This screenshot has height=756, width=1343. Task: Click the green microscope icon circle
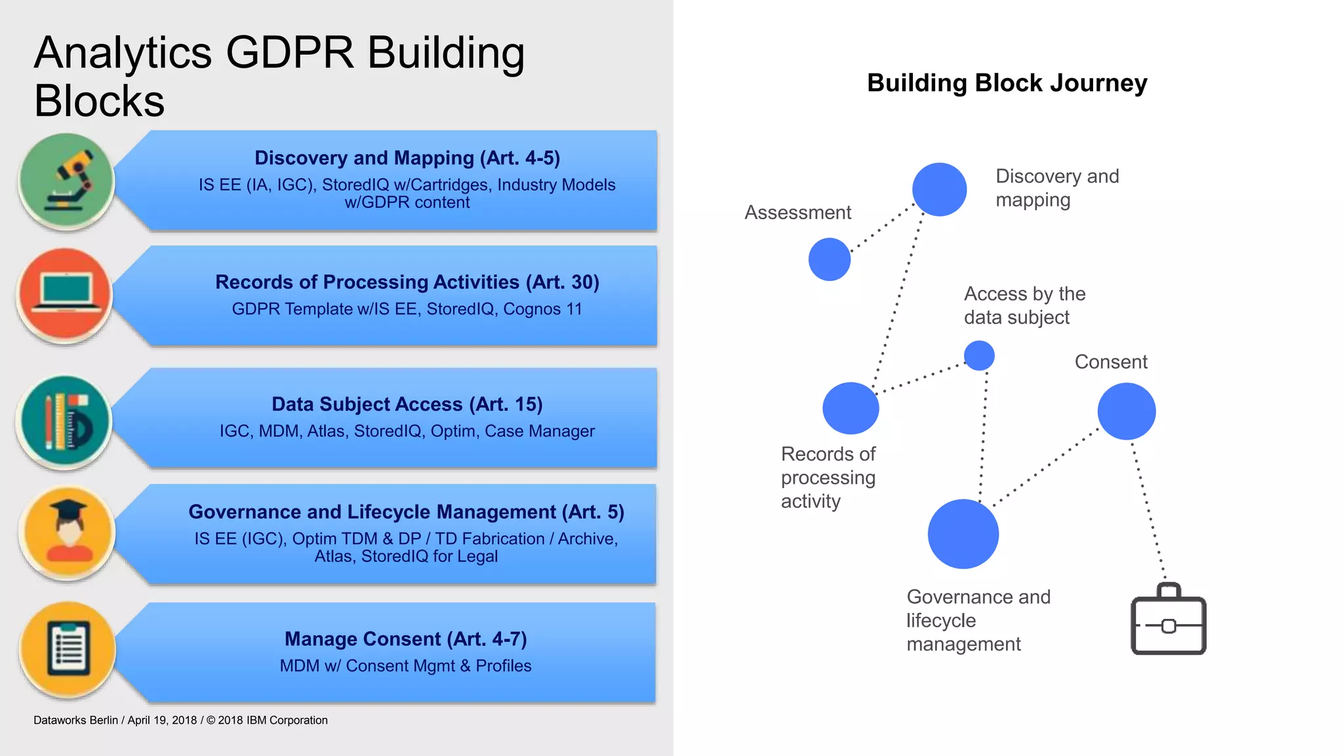[x=66, y=180]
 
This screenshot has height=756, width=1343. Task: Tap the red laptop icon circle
[x=65, y=296]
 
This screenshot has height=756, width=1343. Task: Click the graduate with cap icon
[x=68, y=533]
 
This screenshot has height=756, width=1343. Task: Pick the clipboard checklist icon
[x=68, y=649]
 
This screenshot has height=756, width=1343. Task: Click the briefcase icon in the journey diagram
[x=1169, y=619]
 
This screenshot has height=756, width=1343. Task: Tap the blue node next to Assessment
[x=830, y=259]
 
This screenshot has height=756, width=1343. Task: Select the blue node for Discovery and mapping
[x=939, y=190]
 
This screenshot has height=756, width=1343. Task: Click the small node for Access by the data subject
[x=979, y=356]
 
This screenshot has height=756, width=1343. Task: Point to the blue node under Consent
[x=1126, y=411]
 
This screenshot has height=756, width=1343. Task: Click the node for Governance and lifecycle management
[x=963, y=534]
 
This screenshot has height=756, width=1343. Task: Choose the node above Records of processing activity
[x=851, y=408]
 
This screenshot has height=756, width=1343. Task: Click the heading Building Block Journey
[x=1007, y=83]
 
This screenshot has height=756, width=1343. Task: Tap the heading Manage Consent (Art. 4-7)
[x=405, y=639]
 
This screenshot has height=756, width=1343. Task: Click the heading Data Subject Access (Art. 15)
[x=407, y=404]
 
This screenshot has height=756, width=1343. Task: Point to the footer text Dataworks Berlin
[x=75, y=720]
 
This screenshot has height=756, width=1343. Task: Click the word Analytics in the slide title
[x=123, y=52]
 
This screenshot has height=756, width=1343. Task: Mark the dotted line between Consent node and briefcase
[x=1148, y=512]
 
